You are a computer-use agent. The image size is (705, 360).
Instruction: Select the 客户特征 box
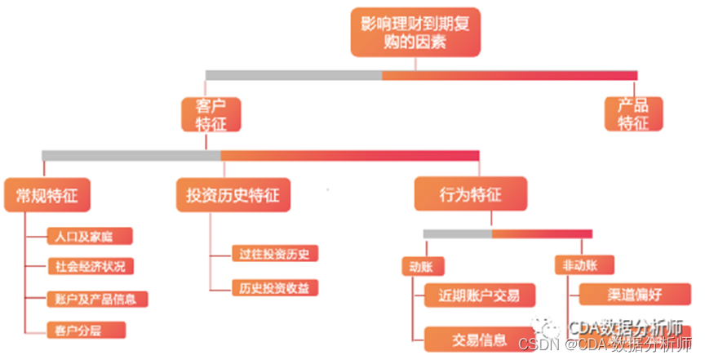(x=211, y=114)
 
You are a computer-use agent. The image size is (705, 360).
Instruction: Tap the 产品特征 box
(x=633, y=114)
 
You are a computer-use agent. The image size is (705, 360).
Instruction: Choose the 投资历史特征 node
(x=233, y=195)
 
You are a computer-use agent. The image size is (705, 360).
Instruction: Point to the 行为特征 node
(x=470, y=195)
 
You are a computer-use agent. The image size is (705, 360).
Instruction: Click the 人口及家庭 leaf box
(x=89, y=237)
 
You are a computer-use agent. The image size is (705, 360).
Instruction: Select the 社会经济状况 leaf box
(x=90, y=267)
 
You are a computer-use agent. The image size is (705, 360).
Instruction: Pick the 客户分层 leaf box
(x=85, y=330)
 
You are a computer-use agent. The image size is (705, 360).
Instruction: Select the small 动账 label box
(x=421, y=265)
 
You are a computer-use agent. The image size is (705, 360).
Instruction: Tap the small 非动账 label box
(x=583, y=265)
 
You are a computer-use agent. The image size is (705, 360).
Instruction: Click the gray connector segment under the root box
(x=294, y=75)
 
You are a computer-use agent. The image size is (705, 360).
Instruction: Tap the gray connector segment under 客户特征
(x=131, y=155)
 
